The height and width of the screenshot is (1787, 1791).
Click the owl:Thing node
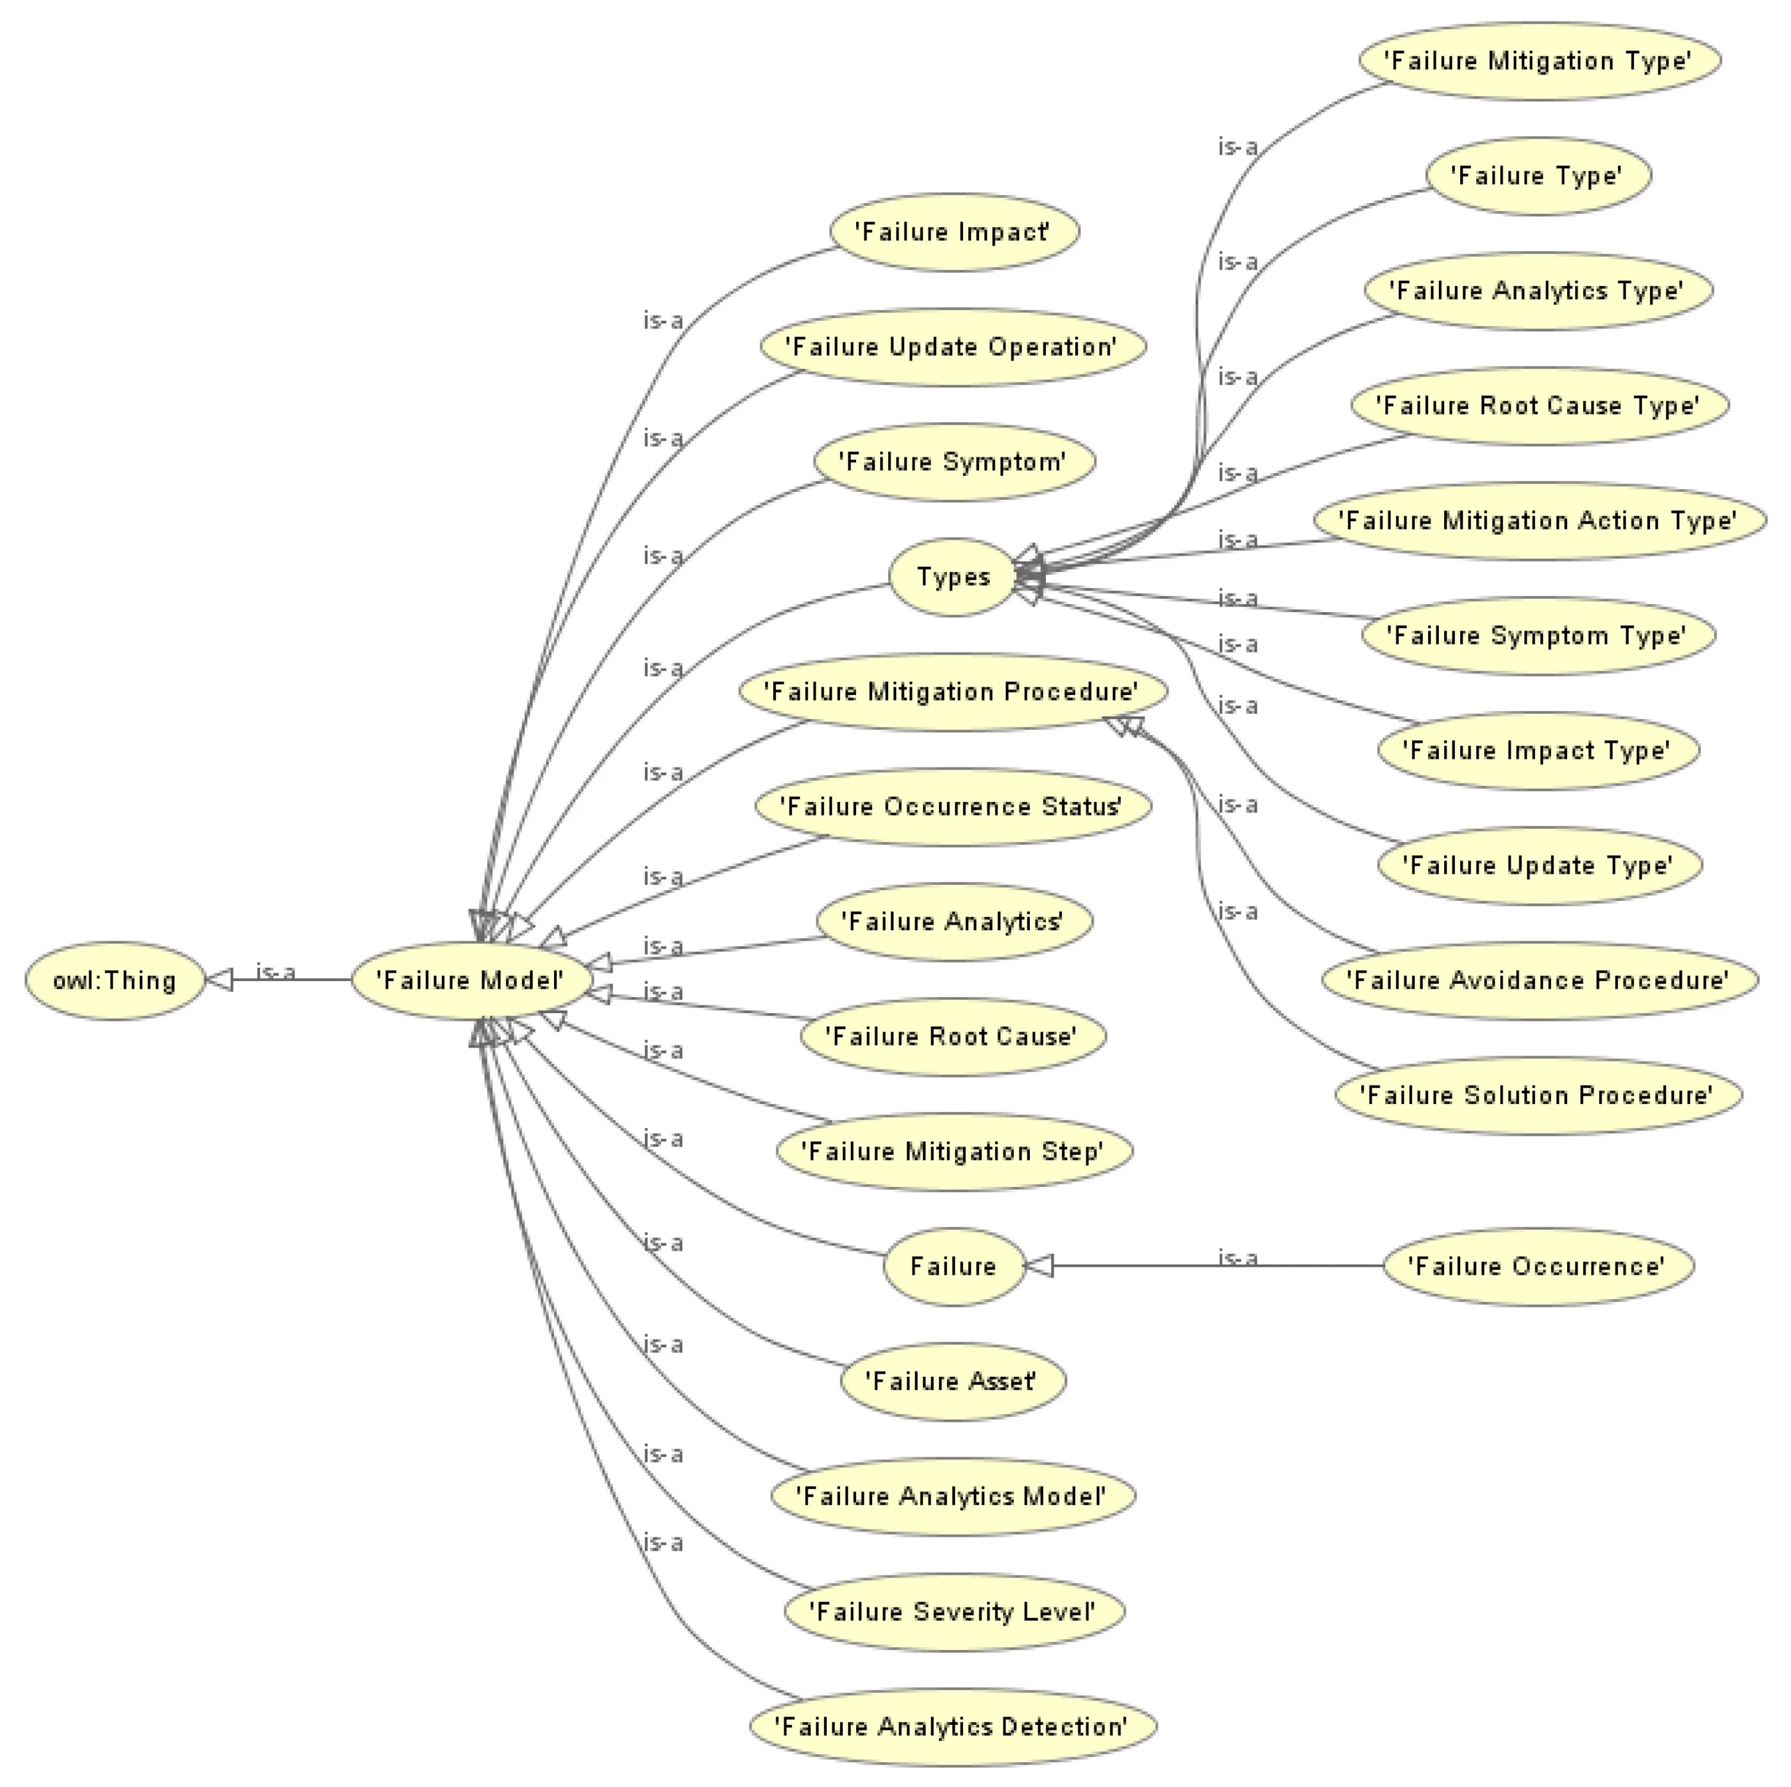[x=114, y=980]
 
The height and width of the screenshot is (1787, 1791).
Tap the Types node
[x=953, y=577]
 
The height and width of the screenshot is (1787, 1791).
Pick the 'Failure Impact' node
[x=954, y=232]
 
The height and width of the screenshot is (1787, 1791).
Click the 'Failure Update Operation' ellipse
[x=952, y=347]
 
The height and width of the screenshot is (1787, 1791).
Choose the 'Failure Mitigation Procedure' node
[x=952, y=692]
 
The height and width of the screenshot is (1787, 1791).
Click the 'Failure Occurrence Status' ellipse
[x=952, y=807]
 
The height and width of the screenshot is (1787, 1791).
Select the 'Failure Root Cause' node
[x=952, y=1036]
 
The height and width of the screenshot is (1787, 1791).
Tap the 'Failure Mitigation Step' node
[x=953, y=1152]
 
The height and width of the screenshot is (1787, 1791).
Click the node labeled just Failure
[x=953, y=1267]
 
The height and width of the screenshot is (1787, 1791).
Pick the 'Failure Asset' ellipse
[x=952, y=1382]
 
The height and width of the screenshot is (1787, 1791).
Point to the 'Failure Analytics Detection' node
[x=952, y=1727]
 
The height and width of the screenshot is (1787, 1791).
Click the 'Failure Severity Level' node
[x=953, y=1611]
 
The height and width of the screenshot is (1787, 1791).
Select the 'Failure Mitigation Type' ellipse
[x=1539, y=61]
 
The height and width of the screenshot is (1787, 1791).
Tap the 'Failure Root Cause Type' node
[x=1539, y=406]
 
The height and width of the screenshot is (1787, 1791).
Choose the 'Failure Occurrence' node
[x=1537, y=1267]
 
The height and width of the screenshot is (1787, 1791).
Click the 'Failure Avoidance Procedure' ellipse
[x=1539, y=981]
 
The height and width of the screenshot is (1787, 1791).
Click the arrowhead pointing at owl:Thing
[x=219, y=980]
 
